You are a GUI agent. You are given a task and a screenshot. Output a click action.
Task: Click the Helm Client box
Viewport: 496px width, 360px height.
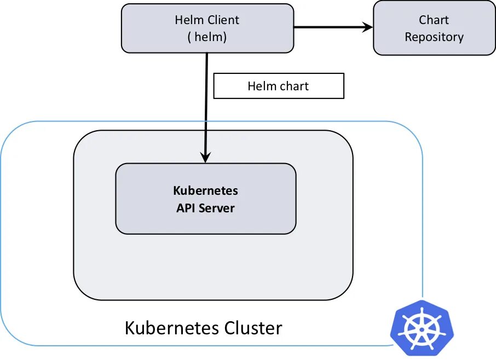coord(207,28)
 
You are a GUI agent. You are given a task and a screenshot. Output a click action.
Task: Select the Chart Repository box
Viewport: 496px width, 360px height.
coord(434,28)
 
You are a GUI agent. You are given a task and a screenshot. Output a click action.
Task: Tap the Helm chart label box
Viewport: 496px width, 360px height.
coord(278,86)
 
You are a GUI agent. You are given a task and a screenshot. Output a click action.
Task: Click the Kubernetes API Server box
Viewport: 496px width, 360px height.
coord(205,199)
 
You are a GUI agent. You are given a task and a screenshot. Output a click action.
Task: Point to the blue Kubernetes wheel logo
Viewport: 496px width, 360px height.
coord(422,327)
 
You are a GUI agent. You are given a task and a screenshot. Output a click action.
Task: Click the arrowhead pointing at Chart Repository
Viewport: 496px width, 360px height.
coord(366,27)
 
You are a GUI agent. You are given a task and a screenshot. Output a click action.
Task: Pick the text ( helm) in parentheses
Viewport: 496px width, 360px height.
coord(207,37)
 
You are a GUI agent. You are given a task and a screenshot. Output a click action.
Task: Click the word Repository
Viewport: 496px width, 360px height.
coord(434,37)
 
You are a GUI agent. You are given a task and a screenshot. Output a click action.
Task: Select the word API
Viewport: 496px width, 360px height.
coord(186,208)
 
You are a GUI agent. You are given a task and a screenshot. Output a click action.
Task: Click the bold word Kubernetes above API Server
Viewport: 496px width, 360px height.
coord(205,191)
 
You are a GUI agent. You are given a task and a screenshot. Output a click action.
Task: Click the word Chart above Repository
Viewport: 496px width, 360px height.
coord(434,20)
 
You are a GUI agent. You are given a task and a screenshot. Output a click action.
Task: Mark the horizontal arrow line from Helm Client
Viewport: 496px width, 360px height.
coord(328,27)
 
